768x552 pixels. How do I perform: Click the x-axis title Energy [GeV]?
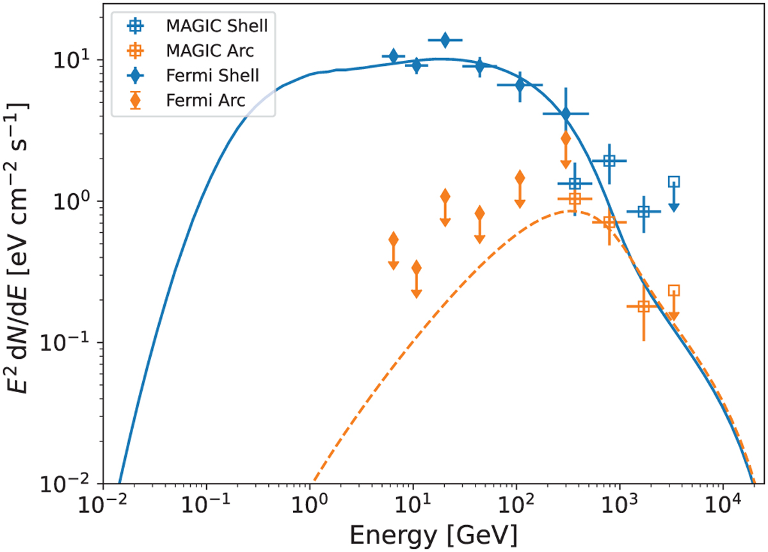point(429,532)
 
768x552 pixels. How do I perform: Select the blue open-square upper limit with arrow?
point(673,182)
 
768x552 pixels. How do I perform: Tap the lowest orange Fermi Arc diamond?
point(416,268)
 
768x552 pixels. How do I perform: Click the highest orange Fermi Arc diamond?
point(565,138)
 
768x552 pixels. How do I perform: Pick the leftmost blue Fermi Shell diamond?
point(394,56)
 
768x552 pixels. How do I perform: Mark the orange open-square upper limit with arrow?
point(673,291)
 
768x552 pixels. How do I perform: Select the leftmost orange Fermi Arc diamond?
point(394,240)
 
